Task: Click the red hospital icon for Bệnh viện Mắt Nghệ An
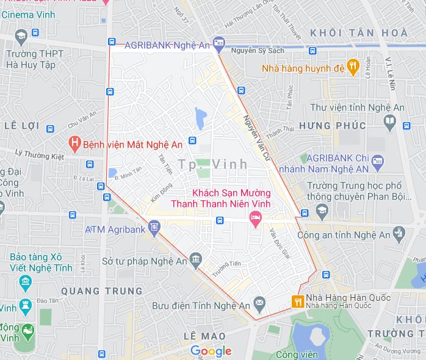click(x=74, y=144)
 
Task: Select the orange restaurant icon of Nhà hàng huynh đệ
click(x=353, y=67)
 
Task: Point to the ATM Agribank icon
click(x=154, y=228)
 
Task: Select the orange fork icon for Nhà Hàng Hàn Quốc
click(x=298, y=301)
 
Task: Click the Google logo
click(x=211, y=351)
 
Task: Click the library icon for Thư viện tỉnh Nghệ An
click(x=389, y=121)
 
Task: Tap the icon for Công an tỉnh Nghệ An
click(x=399, y=231)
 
